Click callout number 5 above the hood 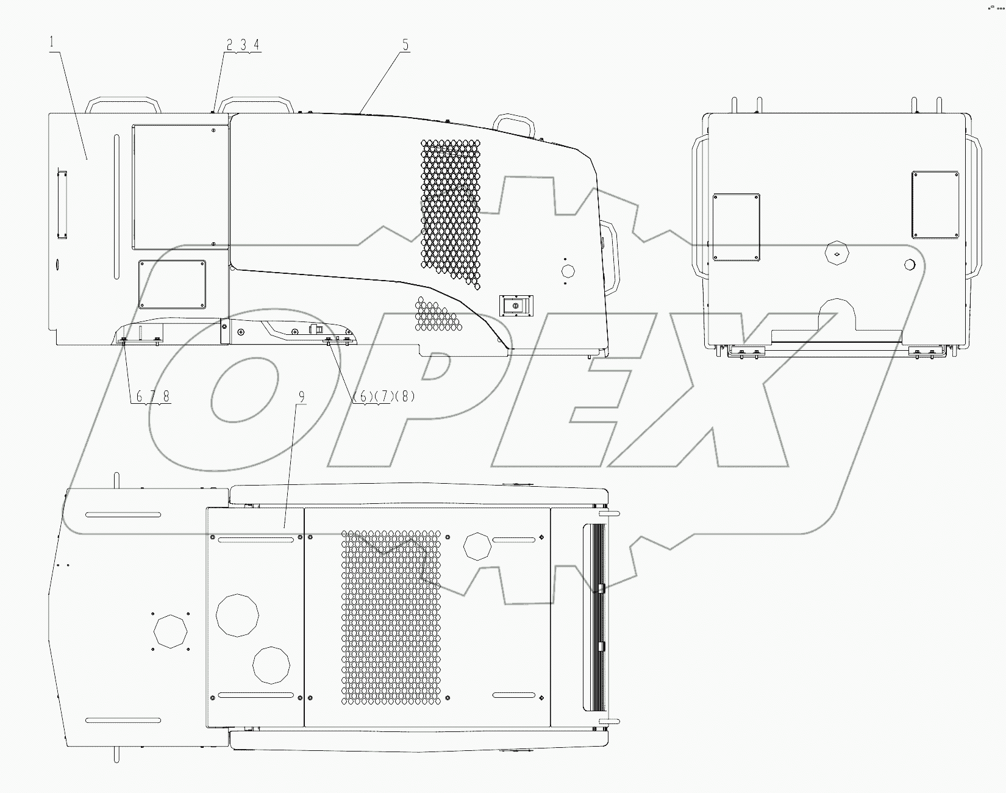tap(405, 45)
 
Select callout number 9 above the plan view tap(301, 396)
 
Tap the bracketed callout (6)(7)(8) tap(384, 396)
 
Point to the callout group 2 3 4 tap(243, 45)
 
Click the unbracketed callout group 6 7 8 tap(152, 396)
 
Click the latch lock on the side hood tap(515, 304)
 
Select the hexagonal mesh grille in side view tap(450, 210)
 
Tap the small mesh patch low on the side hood tap(435, 315)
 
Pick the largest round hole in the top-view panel tap(237, 615)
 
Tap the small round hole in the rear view tap(910, 264)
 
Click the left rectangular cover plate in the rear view tap(736, 227)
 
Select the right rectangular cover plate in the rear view tap(935, 204)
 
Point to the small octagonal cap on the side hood tap(568, 271)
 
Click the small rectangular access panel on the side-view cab tap(172, 284)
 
